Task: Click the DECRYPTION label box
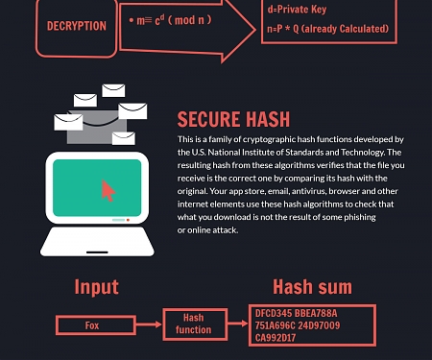[76, 26]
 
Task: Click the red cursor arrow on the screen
[108, 190]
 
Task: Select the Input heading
[96, 286]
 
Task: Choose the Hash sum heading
[311, 286]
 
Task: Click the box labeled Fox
[92, 325]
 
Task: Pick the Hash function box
[193, 324]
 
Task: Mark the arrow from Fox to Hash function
[146, 325]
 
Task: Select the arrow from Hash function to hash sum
[234, 324]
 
